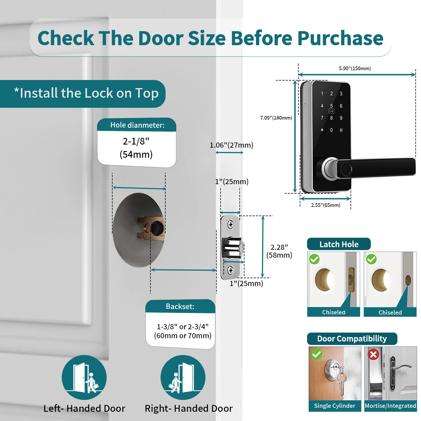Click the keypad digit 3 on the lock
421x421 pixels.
pyautogui.click(x=341, y=94)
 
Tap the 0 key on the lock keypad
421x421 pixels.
pyautogui.click(x=331, y=130)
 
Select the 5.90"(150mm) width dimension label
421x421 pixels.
pyautogui.click(x=355, y=68)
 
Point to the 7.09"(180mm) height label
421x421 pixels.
pyautogui.click(x=276, y=118)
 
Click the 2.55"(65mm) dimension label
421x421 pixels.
pyautogui.click(x=326, y=205)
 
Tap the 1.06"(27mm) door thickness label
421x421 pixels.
pyautogui.click(x=232, y=145)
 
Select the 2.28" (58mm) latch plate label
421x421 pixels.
pyautogui.click(x=279, y=251)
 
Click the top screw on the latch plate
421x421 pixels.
pyautogui.click(x=230, y=225)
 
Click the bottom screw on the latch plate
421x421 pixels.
pyautogui.click(x=230, y=270)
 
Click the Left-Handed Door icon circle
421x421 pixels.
pyautogui.click(x=84, y=377)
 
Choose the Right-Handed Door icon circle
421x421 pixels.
pyautogui.click(x=183, y=377)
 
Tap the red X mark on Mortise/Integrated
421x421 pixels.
pyautogui.click(x=374, y=355)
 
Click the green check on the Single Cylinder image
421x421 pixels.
pyautogui.click(x=317, y=354)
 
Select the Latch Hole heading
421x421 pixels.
pyautogui.click(x=339, y=244)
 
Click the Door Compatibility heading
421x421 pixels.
pyautogui.click(x=352, y=339)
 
